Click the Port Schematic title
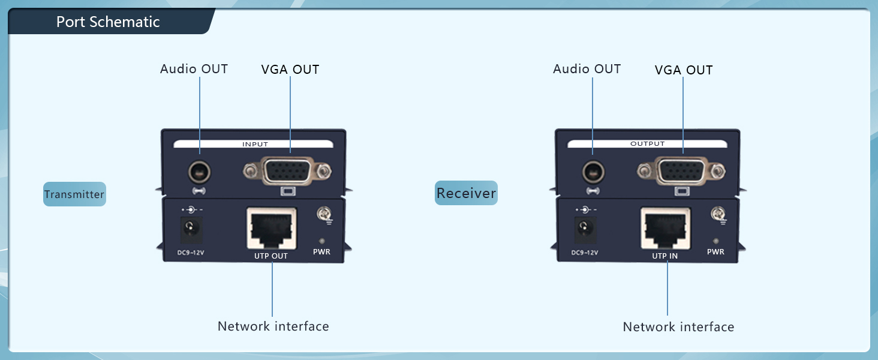[108, 22]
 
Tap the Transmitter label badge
[74, 194]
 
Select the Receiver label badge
[466, 193]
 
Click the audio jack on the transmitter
[199, 173]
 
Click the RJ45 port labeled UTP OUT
[271, 229]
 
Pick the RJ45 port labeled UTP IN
[665, 229]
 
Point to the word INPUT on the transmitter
[255, 144]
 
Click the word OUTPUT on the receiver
[648, 144]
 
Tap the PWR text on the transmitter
[321, 252]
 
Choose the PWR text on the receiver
[715, 252]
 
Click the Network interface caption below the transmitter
[273, 326]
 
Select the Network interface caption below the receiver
[678, 327]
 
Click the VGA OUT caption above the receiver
[684, 70]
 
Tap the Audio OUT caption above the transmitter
[194, 69]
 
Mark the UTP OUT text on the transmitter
[271, 256]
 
